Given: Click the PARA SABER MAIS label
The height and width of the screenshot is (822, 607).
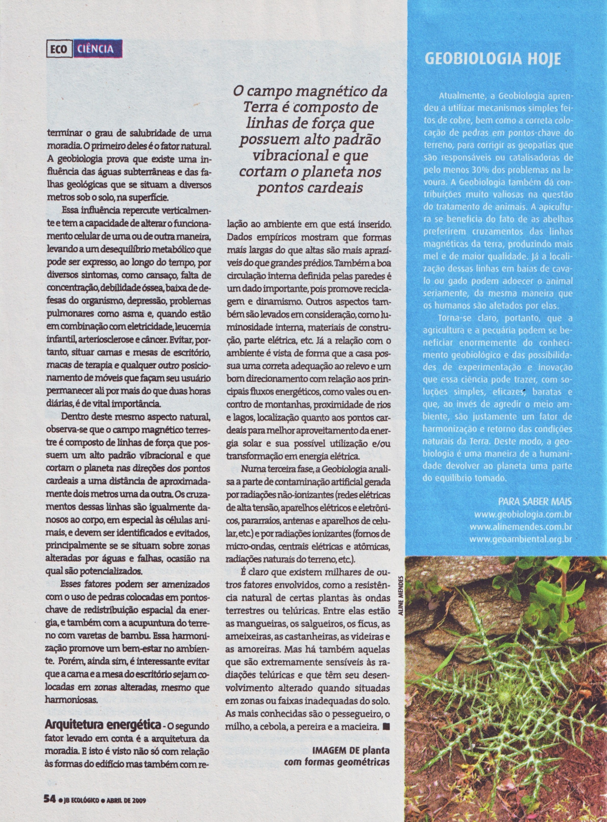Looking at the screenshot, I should pos(535,501).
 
